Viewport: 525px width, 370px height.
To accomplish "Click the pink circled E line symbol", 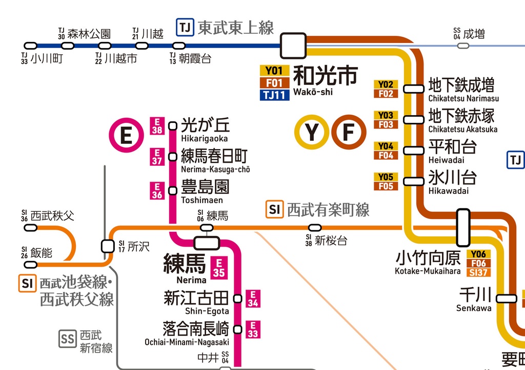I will (126, 136).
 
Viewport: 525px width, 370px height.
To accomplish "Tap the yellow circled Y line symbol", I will (311, 132).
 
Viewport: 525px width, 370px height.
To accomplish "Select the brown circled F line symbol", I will (348, 132).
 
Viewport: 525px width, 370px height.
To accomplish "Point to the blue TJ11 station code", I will (275, 95).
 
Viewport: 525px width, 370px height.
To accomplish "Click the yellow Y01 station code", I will (275, 71).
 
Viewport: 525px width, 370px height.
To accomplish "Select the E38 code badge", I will (157, 126).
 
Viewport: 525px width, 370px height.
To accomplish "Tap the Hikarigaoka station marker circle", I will (173, 125).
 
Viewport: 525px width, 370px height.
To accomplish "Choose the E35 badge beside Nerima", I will (219, 267).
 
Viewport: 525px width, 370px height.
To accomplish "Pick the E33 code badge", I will (253, 329).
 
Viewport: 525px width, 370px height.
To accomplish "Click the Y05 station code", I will (386, 177).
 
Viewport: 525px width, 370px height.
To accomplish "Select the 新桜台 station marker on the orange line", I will (315, 228).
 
